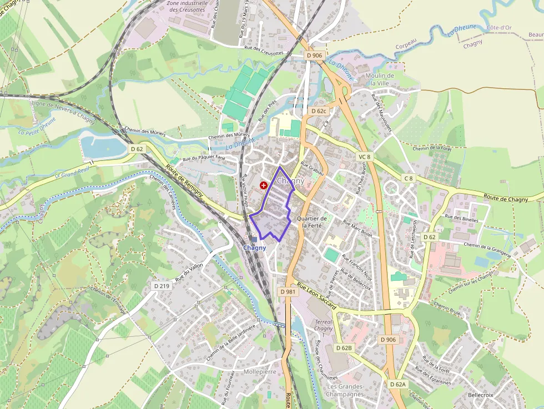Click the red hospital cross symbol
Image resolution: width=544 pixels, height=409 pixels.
point(263,185)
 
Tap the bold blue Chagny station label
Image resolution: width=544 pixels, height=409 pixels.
point(255,248)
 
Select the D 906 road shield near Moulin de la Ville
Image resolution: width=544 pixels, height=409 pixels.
point(314,55)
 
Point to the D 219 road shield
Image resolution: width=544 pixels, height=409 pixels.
point(161,285)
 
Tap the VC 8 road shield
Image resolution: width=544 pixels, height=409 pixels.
point(364,157)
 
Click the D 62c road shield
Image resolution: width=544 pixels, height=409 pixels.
point(319,111)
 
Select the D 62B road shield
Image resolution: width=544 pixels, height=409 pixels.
point(344,348)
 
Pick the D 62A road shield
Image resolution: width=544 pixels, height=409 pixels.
point(398,384)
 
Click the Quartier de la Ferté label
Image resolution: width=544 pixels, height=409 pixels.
point(311,222)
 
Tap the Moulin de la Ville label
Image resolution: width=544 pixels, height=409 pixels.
point(380,79)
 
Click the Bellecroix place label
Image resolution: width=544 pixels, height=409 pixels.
point(481,395)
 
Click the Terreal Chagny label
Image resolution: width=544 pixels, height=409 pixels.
point(324,325)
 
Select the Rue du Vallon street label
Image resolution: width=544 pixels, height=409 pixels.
point(189,272)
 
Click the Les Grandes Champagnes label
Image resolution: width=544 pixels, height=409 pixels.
point(345,390)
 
